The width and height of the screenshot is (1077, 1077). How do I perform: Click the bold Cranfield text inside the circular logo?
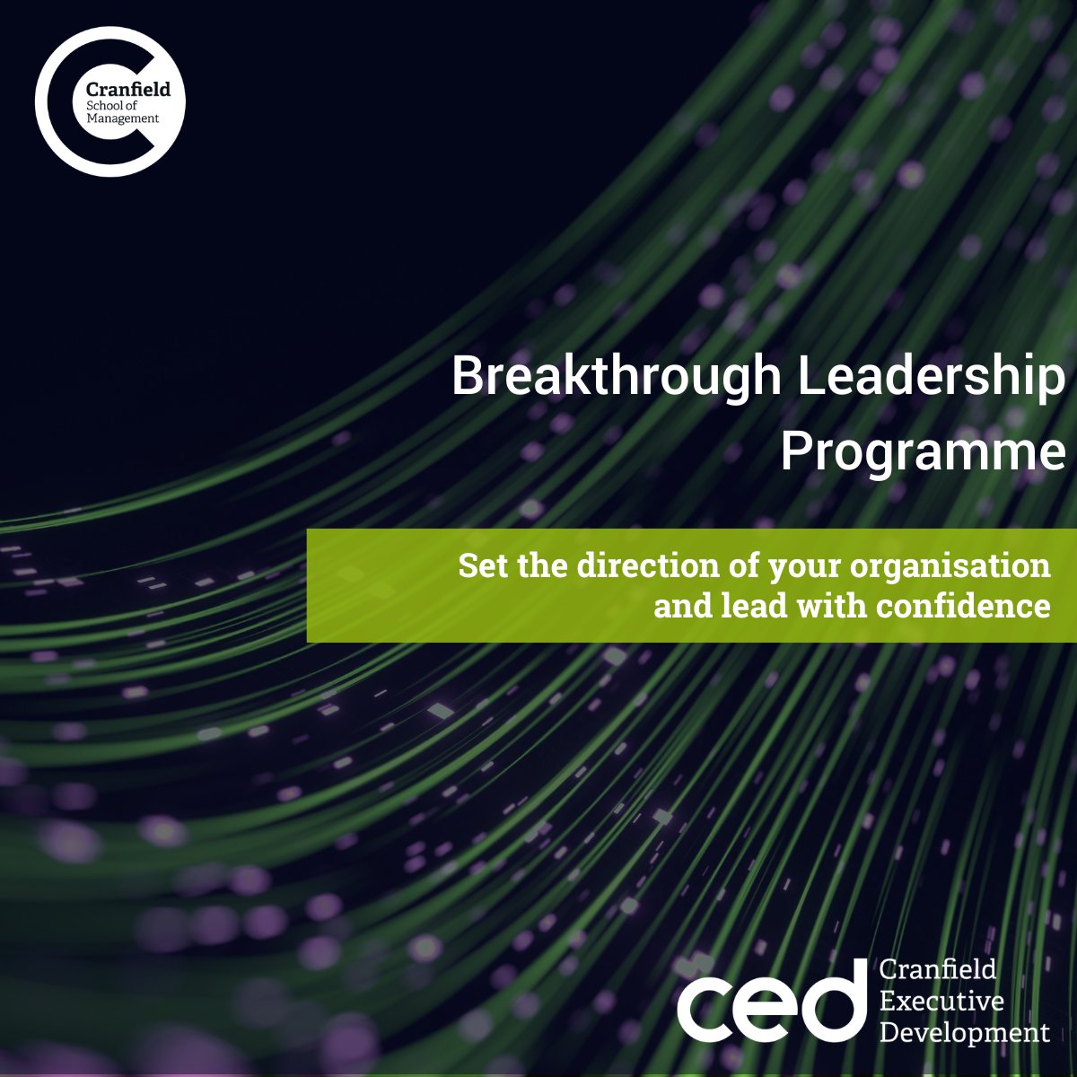click(x=127, y=89)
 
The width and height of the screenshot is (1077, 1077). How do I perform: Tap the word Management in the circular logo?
click(x=123, y=118)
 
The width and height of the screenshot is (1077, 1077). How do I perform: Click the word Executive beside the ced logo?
click(x=941, y=1000)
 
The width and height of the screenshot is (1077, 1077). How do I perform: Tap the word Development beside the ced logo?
click(x=964, y=1031)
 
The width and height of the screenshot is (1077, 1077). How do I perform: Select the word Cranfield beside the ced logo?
click(x=938, y=969)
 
